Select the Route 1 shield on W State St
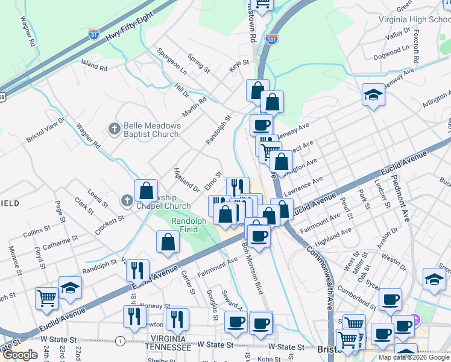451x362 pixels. coord(121,341)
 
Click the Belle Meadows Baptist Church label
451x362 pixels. coord(151,130)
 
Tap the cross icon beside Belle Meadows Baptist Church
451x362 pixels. coord(114,129)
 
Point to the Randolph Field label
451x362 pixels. coord(189,225)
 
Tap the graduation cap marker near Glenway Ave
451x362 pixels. coord(373,95)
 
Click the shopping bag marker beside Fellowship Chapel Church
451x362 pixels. coord(146,191)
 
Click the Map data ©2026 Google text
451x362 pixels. coord(414,357)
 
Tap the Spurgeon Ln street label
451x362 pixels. coord(171,62)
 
